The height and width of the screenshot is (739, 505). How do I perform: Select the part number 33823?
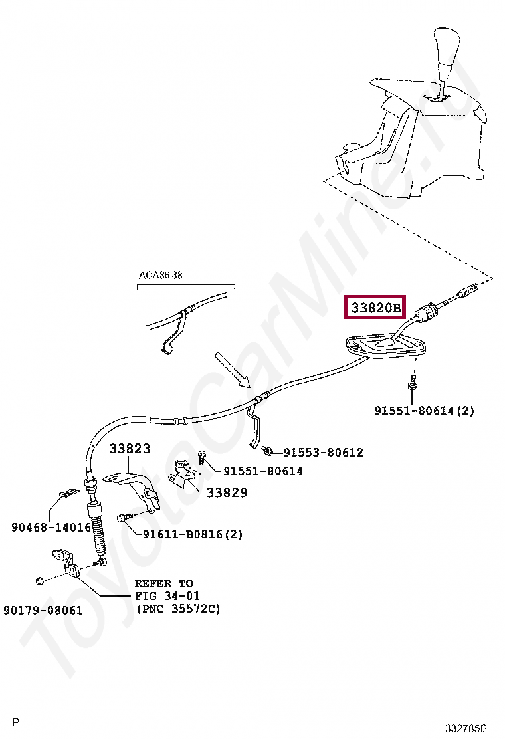(130, 449)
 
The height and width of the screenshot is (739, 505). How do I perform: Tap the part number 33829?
(227, 492)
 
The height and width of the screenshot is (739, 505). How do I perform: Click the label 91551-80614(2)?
(425, 411)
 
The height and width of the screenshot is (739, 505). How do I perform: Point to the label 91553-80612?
(323, 453)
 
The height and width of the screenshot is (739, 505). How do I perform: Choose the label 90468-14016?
(51, 527)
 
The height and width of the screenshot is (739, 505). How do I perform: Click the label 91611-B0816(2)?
(192, 534)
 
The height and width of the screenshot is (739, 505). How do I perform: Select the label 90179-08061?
(43, 609)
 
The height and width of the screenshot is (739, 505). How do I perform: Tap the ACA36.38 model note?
(160, 275)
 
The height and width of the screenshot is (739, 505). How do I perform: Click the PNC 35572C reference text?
(178, 608)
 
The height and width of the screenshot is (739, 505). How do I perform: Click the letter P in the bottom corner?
(17, 722)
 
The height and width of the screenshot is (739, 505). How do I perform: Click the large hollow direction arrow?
(233, 370)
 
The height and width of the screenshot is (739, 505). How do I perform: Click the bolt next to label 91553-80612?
(268, 451)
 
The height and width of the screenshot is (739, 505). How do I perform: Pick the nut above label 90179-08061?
(39, 582)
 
